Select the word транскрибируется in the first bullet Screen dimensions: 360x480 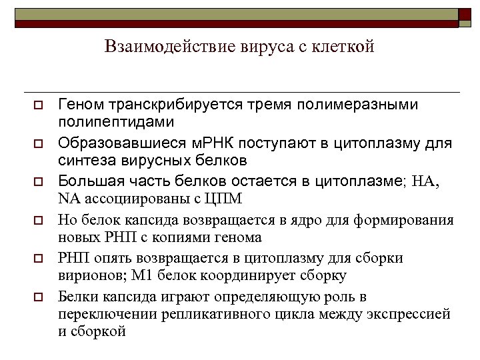(x=171, y=105)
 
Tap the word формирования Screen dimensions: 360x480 (x=411, y=220)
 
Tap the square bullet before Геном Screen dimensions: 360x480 (x=39, y=106)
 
